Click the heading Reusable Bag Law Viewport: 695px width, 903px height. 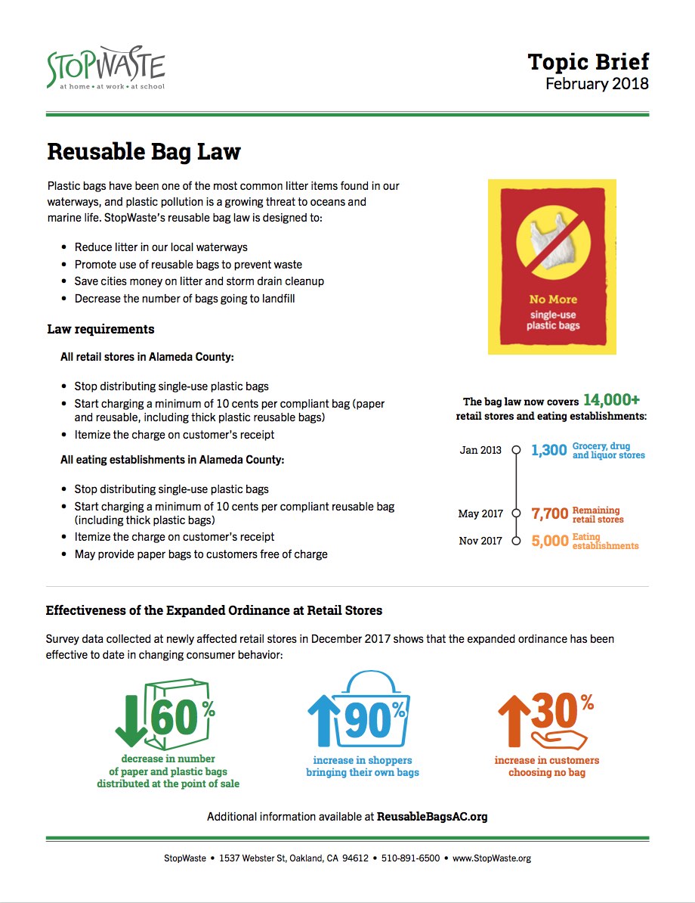point(144,151)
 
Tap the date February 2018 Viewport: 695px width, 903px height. point(597,84)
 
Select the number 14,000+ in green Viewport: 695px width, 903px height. point(611,400)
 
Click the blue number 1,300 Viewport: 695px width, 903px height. point(548,451)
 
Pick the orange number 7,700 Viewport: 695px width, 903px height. point(549,514)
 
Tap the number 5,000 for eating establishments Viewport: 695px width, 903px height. point(549,541)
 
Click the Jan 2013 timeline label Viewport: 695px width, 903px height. point(480,450)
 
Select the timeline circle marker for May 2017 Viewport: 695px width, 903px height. point(517,513)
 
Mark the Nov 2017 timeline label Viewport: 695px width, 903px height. point(480,541)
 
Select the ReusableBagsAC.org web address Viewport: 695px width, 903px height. point(432,817)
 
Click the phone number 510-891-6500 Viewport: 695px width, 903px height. point(409,858)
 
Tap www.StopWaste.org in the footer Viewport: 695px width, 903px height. point(492,858)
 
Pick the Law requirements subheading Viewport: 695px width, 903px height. point(100,329)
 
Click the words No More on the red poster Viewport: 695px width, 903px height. point(552,299)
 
